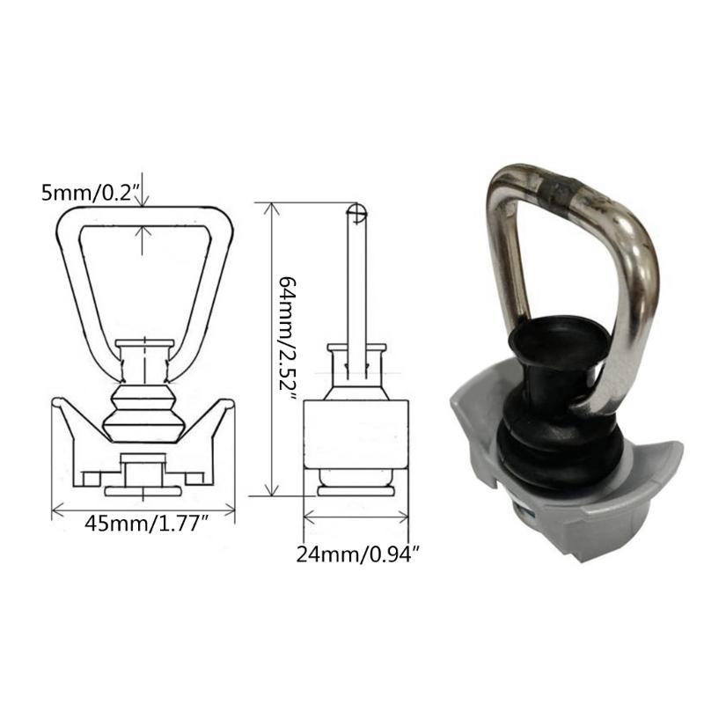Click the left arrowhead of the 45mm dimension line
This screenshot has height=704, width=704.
[56, 509]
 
